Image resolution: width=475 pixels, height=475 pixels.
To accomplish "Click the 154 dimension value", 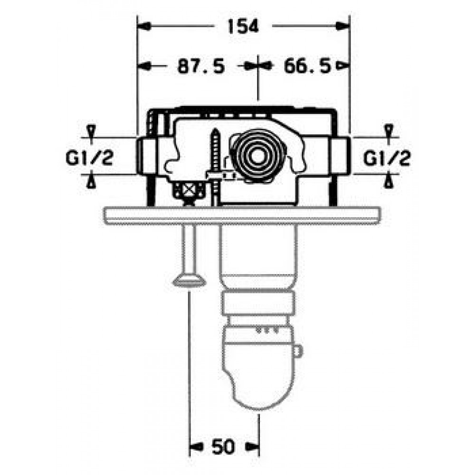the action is (x=243, y=26).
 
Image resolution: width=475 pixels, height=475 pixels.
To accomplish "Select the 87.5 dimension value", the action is (x=201, y=66).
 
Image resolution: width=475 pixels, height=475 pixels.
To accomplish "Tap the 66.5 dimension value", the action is (x=307, y=66).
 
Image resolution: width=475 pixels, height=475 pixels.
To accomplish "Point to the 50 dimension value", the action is (x=223, y=447).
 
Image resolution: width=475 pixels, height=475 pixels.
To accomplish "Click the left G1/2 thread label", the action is (x=89, y=158).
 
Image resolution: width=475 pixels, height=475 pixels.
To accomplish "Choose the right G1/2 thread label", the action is (x=387, y=158).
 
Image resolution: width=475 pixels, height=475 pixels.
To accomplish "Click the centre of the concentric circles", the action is (x=257, y=157).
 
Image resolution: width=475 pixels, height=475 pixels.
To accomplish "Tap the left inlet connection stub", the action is (x=147, y=156).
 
